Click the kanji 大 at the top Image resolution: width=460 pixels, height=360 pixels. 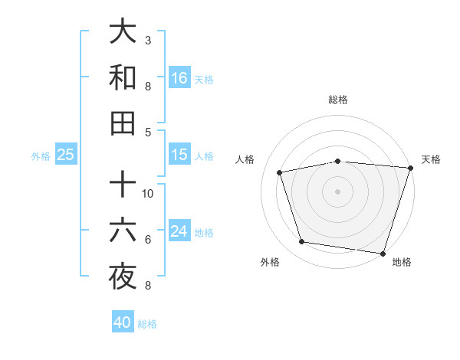123,32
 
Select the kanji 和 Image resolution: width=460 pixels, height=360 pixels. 123,77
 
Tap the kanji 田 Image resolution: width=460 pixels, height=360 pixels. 123,123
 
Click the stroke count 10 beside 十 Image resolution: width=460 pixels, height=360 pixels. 148,193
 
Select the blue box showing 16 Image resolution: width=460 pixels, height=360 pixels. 179,78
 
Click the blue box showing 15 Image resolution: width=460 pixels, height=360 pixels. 179,155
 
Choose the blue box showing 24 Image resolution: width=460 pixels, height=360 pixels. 179,231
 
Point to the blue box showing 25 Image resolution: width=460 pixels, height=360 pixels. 66,155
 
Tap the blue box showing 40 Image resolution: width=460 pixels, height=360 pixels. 123,322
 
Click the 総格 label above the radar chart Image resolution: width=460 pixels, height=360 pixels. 338,100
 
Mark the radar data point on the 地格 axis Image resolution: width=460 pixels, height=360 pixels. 383,253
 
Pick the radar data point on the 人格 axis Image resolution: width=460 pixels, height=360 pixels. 280,172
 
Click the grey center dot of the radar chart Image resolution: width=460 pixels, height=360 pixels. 338,191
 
